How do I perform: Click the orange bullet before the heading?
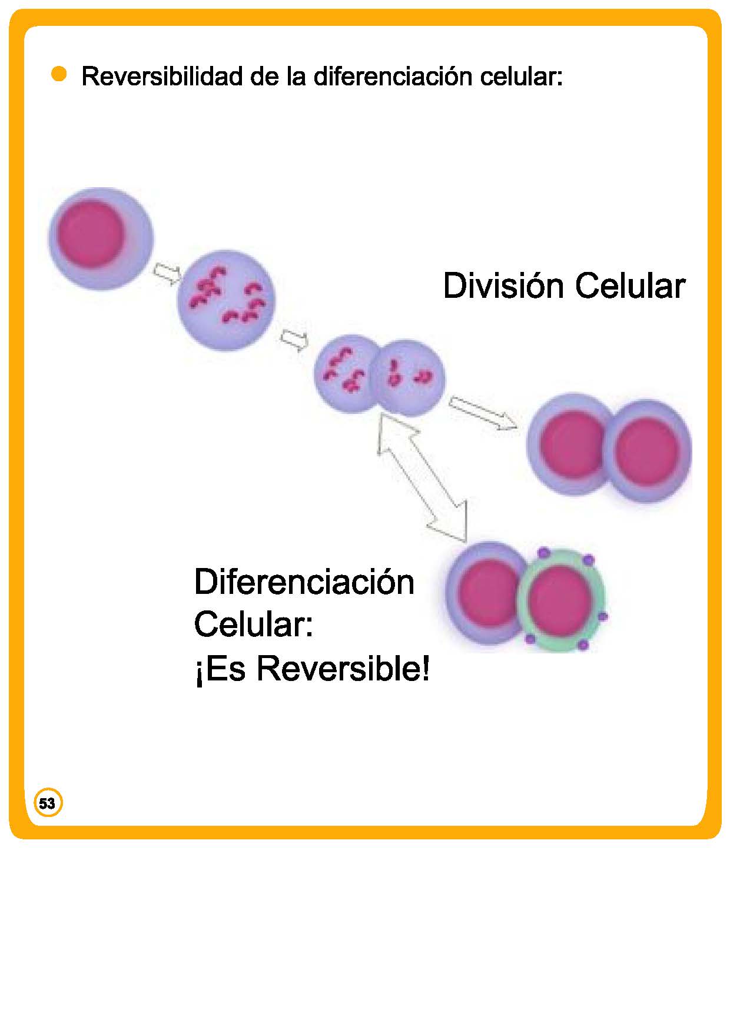pos(59,75)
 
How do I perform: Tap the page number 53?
pos(47,803)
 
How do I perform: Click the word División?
pos(503,286)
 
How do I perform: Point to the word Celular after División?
pos(630,286)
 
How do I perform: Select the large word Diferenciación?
pos(304,582)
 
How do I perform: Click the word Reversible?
pos(343,669)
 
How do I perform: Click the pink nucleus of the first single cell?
pos(91,234)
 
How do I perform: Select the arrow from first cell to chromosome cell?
pos(167,274)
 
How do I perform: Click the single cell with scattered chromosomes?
pos(227,300)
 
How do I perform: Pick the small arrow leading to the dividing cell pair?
pos(293,340)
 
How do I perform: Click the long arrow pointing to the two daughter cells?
pos(483,412)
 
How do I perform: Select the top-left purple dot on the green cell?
pos(543,553)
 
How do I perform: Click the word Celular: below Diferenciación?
pos(254,625)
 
